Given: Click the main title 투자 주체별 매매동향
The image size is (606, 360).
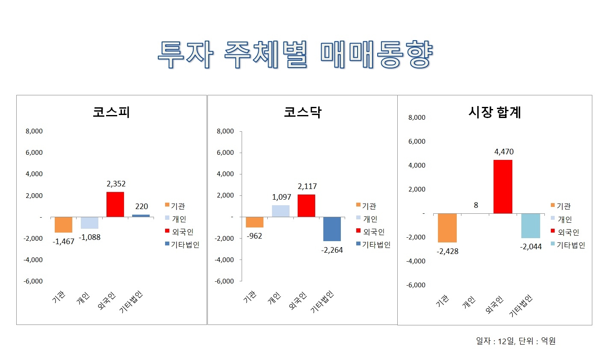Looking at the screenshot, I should coord(295,55).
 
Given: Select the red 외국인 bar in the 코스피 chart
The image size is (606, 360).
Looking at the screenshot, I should coord(115,204).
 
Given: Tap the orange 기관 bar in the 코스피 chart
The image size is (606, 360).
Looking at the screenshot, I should coord(63,224).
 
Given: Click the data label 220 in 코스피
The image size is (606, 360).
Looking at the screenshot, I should coord(141,207).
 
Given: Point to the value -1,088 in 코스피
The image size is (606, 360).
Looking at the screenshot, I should coord(90,237).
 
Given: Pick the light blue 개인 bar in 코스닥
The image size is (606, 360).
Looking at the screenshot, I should coord(281,211).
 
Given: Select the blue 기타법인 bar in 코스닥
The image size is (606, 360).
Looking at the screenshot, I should coord(332,229).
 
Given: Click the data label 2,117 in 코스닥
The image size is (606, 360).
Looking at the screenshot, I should coord(307,186).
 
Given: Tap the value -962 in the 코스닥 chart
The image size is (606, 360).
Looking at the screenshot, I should coord(254,236).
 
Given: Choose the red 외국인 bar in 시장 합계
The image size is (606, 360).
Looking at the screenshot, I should coord(503,186).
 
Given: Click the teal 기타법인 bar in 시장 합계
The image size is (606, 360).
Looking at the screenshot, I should coord(531,226).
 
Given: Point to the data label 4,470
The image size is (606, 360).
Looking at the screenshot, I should coord(504,152).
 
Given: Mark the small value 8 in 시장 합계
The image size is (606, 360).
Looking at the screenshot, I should coord(476,205).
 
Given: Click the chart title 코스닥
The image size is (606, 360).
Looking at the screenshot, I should coord(302,112).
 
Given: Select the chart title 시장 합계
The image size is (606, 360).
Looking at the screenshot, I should coord(495,112).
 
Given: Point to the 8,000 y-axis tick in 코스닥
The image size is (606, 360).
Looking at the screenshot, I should coord(225,131).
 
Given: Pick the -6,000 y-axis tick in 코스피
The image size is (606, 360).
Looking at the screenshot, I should coord(34,281).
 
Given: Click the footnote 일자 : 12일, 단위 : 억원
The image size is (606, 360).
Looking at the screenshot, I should coord(515,341).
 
